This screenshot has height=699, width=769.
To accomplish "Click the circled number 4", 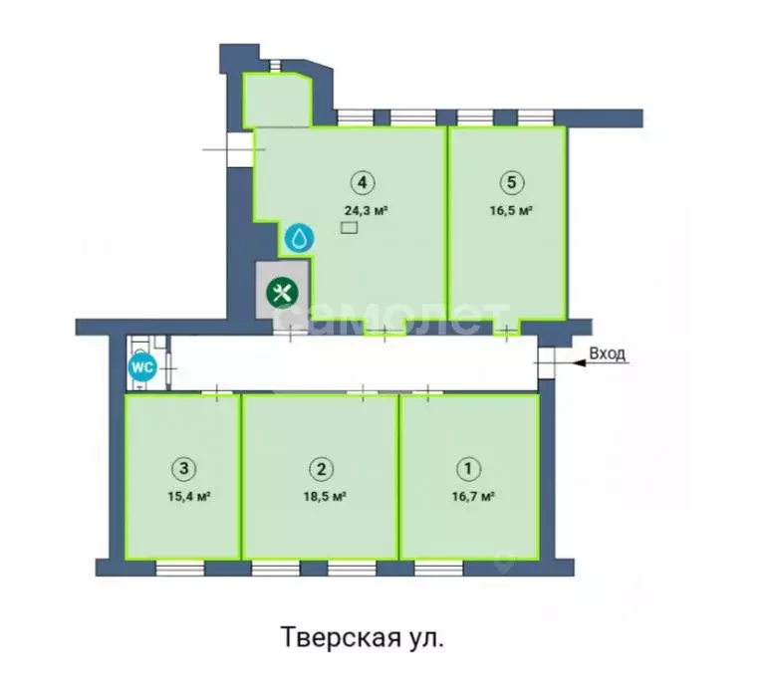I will click(x=364, y=182).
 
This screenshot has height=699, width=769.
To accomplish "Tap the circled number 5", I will click(x=510, y=182).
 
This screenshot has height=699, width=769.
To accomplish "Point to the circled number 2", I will click(x=320, y=468).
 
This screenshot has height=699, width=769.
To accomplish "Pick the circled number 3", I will click(x=182, y=468).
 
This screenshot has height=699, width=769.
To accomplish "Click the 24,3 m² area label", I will click(x=365, y=210).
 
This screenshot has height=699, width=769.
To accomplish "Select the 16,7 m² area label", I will click(x=474, y=495).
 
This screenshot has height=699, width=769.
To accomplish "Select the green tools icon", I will click(x=283, y=293).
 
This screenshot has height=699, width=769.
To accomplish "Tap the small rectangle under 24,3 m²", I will click(x=348, y=228).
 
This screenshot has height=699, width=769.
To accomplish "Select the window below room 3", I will click(x=180, y=568).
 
